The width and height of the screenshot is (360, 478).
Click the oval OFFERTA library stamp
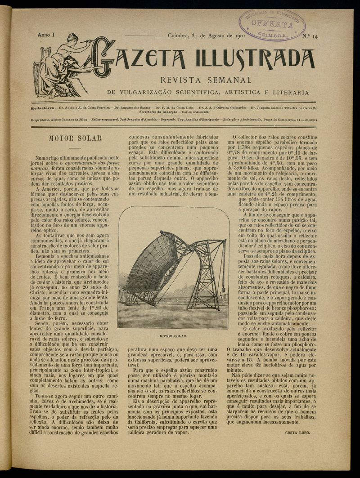pyautogui.click(x=272, y=24)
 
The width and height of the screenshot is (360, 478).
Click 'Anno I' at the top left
pyautogui.click(x=45, y=35)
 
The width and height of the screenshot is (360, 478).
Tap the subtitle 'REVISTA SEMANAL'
pyautogui.click(x=205, y=80)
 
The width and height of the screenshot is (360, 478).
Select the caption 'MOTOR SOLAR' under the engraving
pyautogui.click(x=173, y=335)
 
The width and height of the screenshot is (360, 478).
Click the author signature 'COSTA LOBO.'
pyautogui.click(x=297, y=433)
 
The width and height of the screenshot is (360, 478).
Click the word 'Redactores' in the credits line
pyautogui.click(x=43, y=108)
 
